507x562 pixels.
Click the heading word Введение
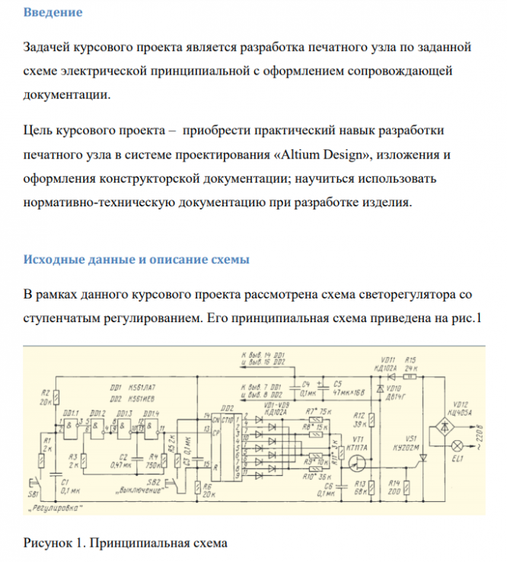tap(53, 13)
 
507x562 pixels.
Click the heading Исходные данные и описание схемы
tap(136, 260)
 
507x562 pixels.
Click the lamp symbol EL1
tap(457, 443)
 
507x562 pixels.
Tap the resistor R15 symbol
tap(410, 376)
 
